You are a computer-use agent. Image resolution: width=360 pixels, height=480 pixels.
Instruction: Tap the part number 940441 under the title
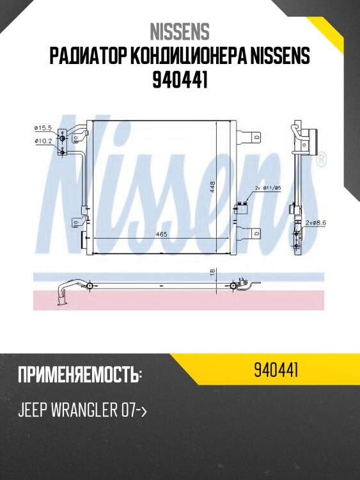(180, 81)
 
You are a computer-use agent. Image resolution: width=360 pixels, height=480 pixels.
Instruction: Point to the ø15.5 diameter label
(43, 128)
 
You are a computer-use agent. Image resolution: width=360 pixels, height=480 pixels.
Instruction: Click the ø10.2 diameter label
(43, 141)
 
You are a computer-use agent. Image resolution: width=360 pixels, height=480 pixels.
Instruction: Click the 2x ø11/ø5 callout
(267, 188)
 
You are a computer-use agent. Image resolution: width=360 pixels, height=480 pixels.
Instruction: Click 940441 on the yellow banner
(277, 370)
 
